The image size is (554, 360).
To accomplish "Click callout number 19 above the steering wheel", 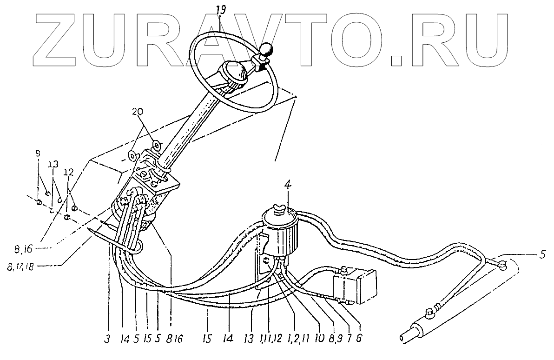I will click(x=221, y=9).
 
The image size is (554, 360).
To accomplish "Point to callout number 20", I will click(x=138, y=112).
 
